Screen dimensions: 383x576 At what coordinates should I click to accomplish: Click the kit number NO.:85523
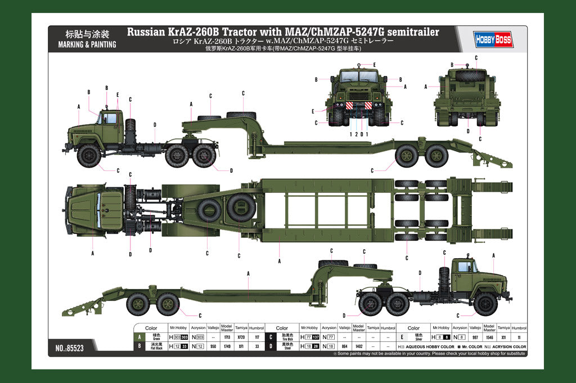pyautogui.click(x=70, y=348)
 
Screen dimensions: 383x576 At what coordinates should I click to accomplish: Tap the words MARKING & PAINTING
pyautogui.click(x=87, y=44)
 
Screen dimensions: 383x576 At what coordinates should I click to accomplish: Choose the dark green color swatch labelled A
pyautogui.click(x=139, y=337)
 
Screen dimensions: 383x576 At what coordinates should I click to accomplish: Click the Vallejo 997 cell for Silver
pyautogui.click(x=475, y=337)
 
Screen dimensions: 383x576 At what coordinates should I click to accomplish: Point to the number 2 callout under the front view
pyautogui.click(x=355, y=134)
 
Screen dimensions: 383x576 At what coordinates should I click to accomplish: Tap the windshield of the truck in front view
pyautogui.click(x=359, y=76)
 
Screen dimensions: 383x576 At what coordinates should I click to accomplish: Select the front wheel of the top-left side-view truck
pyautogui.click(x=89, y=155)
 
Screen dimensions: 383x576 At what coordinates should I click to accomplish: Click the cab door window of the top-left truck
pyautogui.click(x=110, y=119)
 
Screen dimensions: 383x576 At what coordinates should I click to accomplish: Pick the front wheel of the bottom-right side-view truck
pyautogui.click(x=485, y=304)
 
